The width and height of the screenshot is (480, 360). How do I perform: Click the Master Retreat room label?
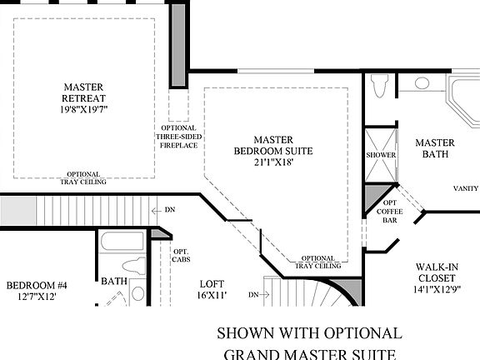point(84,91)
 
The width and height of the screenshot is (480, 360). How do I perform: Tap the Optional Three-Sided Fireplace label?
point(177,135)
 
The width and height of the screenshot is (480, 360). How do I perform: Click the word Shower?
point(380,155)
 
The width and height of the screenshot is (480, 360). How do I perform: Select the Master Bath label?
point(434,148)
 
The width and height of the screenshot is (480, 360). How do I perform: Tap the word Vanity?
point(466,187)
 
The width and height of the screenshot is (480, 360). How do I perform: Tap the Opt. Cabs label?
point(181,255)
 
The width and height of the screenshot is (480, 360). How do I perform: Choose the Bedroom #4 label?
point(36,286)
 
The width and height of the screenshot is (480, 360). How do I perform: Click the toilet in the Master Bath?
point(381,84)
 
